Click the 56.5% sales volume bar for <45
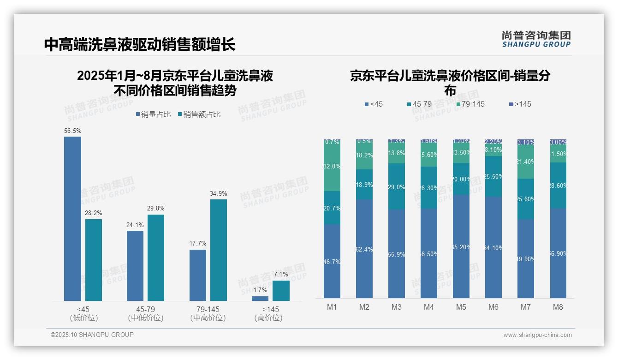point(72,219)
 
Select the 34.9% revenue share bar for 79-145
point(219,250)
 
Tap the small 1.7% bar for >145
point(260,299)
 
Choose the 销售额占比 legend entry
point(199,114)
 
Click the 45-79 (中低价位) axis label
point(146,313)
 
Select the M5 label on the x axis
point(461,307)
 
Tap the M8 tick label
point(558,307)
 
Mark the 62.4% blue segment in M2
point(364,249)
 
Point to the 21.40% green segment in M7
point(526,162)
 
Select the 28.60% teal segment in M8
point(558,185)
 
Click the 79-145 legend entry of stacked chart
point(470,104)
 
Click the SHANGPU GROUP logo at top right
point(536,39)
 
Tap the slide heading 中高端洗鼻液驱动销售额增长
point(140,44)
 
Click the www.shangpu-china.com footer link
point(537,335)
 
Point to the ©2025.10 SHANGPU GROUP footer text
point(92,335)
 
